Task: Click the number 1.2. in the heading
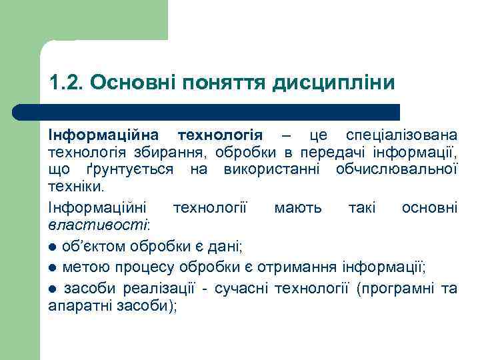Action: [x=65, y=83]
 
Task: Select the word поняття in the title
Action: [x=226, y=83]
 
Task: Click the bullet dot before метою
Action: [x=53, y=269]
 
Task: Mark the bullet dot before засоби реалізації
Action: [x=53, y=289]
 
